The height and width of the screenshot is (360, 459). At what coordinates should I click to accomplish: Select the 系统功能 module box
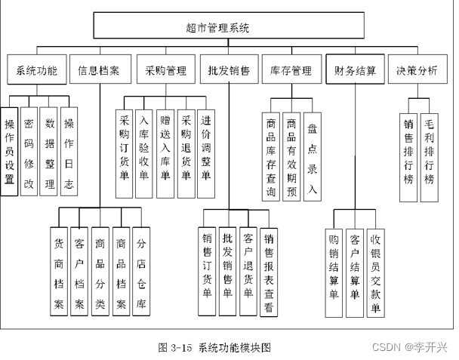pos(36,72)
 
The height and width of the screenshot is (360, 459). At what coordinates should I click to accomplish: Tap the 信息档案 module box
pos(99,72)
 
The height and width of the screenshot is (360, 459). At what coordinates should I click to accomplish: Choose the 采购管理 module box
pos(165,72)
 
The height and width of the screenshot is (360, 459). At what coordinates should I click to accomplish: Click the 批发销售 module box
pos(229,72)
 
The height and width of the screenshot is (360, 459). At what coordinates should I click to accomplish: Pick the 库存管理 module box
pos(291,72)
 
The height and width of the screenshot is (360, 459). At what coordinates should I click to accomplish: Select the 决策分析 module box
pos(417,72)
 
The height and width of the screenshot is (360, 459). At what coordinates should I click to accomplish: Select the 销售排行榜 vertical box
pos(408,151)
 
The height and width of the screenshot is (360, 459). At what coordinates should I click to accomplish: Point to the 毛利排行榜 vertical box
pos(429,151)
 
